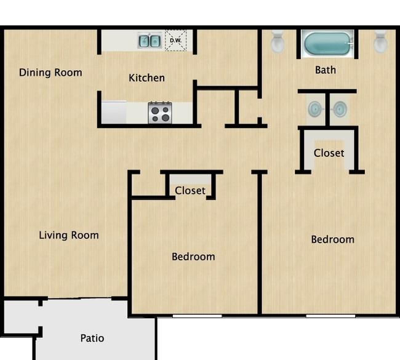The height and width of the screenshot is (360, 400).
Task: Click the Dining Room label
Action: [x=50, y=73]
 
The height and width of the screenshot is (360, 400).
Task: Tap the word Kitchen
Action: [x=146, y=78]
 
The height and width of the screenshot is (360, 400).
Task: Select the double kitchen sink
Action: [x=150, y=41]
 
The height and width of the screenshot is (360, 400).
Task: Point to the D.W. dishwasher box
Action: [x=176, y=41]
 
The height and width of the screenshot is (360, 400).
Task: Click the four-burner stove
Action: [x=160, y=113]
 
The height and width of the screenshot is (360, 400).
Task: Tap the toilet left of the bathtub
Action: [x=278, y=41]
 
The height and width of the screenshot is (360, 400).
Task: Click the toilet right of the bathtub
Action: [x=380, y=42]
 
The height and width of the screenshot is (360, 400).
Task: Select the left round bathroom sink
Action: [x=315, y=109]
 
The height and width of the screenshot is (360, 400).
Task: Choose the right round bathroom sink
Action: [x=340, y=109]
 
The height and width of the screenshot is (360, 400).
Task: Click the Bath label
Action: [x=326, y=70]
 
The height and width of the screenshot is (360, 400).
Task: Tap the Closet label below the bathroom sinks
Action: [x=329, y=153]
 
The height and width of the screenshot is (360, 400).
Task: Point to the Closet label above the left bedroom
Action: [x=190, y=191]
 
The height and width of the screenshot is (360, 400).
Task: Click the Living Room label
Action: [x=69, y=235]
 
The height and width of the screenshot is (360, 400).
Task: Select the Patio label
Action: [x=92, y=338]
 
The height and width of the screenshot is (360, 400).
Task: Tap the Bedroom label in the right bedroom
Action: [x=333, y=239]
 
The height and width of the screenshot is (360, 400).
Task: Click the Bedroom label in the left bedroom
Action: [x=193, y=257]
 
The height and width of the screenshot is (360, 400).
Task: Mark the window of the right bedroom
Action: [x=330, y=316]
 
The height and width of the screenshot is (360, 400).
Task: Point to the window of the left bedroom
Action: [x=197, y=316]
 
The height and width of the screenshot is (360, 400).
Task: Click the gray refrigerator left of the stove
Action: [x=114, y=113]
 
